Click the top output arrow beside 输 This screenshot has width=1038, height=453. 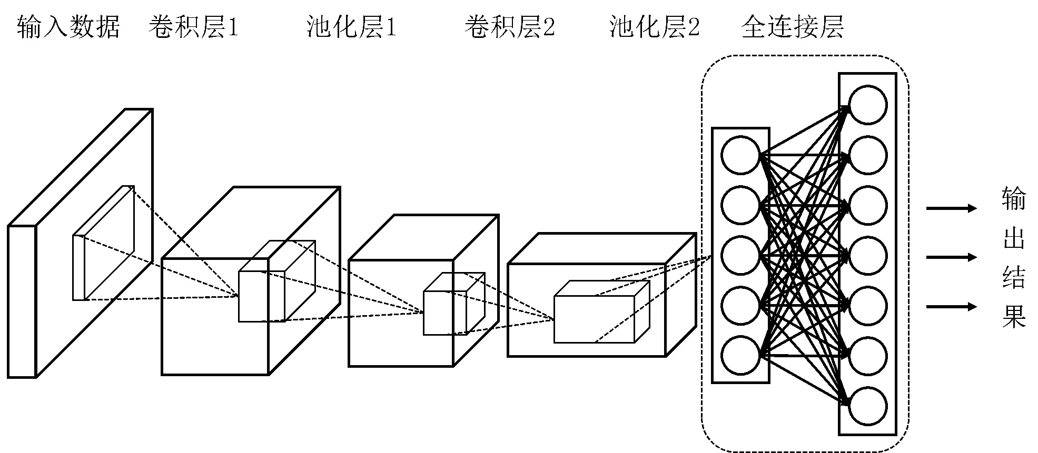[x=951, y=208]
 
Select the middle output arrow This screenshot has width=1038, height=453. [x=951, y=257]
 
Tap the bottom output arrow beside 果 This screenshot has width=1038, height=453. [x=951, y=306]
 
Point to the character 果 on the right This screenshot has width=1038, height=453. [x=1014, y=317]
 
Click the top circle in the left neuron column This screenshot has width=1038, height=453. [x=740, y=155]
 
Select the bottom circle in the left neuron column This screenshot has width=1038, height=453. [x=740, y=356]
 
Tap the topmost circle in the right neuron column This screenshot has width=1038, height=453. [x=867, y=105]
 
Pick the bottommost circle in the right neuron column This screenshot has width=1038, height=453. [x=867, y=406]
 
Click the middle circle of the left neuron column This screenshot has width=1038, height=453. [x=740, y=256]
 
